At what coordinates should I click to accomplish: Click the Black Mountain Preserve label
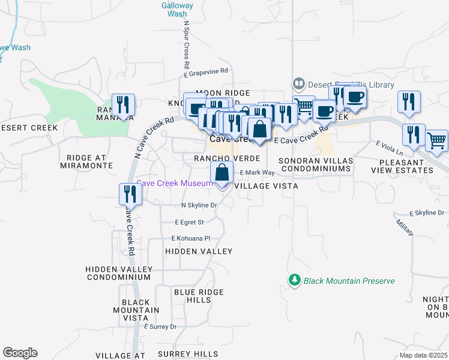tap(349, 281)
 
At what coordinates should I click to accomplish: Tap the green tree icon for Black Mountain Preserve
tap(294, 280)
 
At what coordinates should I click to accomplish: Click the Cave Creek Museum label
tap(174, 183)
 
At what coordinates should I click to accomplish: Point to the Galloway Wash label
tap(177, 9)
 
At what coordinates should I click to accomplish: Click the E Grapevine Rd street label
tap(206, 71)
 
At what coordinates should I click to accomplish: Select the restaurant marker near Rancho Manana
tap(124, 105)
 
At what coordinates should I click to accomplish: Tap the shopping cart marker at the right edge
tap(438, 142)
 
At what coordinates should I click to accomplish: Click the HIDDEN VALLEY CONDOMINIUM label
tap(118, 273)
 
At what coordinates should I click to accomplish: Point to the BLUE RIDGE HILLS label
tap(190, 296)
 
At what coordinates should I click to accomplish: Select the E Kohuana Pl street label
tap(191, 238)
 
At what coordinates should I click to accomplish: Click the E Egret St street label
tap(190, 222)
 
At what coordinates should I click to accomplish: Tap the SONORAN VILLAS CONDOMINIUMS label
tap(315, 165)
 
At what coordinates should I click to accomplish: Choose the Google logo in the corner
tap(20, 353)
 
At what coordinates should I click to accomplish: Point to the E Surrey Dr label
tap(160, 327)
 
